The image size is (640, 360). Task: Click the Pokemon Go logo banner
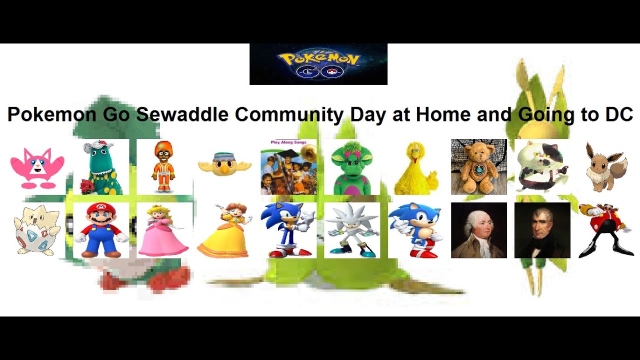tap(318, 64)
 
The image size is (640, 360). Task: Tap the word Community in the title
tap(289, 114)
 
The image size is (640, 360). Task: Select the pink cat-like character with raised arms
tap(37, 167)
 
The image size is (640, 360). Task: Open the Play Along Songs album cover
tap(288, 167)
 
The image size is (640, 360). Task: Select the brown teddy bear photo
tap(478, 167)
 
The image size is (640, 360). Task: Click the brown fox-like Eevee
tap(606, 167)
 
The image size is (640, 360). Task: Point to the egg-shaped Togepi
tap(37, 230)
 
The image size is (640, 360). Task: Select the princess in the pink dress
tap(163, 230)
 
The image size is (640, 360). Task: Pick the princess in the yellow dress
tap(225, 230)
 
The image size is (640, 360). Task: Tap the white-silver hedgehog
tap(351, 230)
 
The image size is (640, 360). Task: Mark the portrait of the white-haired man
tap(478, 230)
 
